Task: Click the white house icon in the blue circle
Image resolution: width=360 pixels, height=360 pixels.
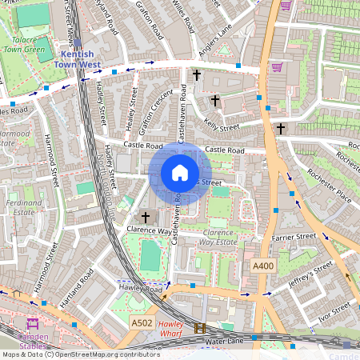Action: click(180, 173)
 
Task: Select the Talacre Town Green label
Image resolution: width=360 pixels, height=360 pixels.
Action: click(26, 44)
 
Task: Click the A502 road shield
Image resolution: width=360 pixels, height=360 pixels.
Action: click(141, 322)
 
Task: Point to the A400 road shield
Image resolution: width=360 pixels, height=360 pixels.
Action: click(262, 266)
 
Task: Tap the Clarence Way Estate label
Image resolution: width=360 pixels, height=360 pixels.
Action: click(216, 235)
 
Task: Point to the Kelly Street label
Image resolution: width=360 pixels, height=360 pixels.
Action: click(222, 124)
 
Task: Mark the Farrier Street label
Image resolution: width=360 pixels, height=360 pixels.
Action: click(294, 236)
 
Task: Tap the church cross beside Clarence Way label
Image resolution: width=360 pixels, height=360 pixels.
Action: click(146, 217)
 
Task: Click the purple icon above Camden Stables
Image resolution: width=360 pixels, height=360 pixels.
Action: click(33, 325)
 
